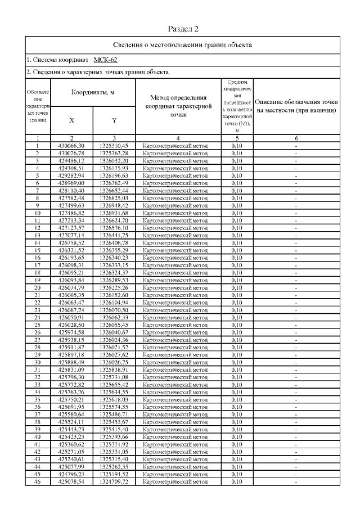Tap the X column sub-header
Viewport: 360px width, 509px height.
click(x=71, y=120)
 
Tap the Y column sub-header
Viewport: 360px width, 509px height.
click(x=114, y=120)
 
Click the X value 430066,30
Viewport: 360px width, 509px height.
click(x=71, y=146)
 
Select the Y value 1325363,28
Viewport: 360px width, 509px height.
click(x=114, y=152)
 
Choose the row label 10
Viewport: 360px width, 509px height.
click(x=37, y=213)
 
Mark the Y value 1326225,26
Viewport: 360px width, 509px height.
click(x=114, y=288)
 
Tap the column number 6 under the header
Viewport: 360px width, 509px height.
click(x=296, y=138)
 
